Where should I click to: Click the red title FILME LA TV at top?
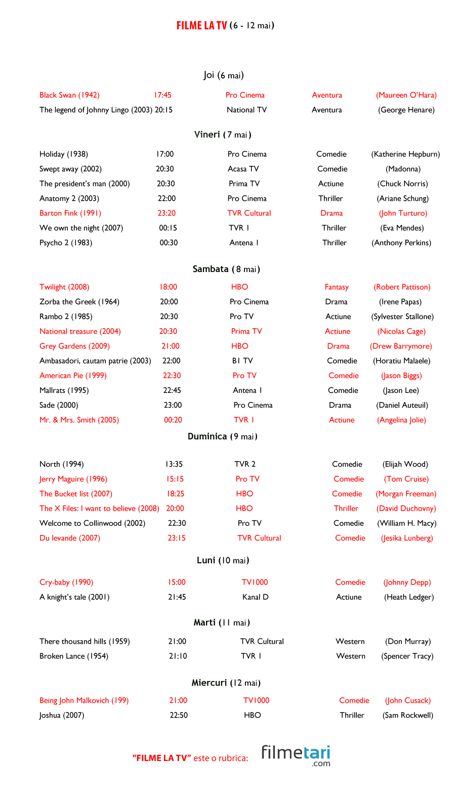click(x=201, y=25)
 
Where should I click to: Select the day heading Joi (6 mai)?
click(x=224, y=75)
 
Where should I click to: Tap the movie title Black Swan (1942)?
click(x=69, y=95)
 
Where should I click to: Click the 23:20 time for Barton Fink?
click(x=166, y=213)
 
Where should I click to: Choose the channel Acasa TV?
click(x=243, y=169)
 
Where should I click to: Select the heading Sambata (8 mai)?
click(x=226, y=269)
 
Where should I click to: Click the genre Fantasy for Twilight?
click(x=337, y=287)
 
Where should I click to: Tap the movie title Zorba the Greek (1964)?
click(x=79, y=302)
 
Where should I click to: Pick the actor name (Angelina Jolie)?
click(x=401, y=420)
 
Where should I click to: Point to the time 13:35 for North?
click(x=174, y=464)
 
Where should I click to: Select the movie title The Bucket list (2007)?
click(x=76, y=494)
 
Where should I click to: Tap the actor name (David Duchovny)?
click(x=406, y=509)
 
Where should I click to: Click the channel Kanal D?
click(x=255, y=597)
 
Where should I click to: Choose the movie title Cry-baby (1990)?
click(x=66, y=583)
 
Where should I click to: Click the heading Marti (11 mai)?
click(x=222, y=622)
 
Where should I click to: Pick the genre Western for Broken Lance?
click(x=351, y=656)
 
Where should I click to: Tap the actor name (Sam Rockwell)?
click(x=408, y=715)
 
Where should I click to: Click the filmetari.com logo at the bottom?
click(x=296, y=755)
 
